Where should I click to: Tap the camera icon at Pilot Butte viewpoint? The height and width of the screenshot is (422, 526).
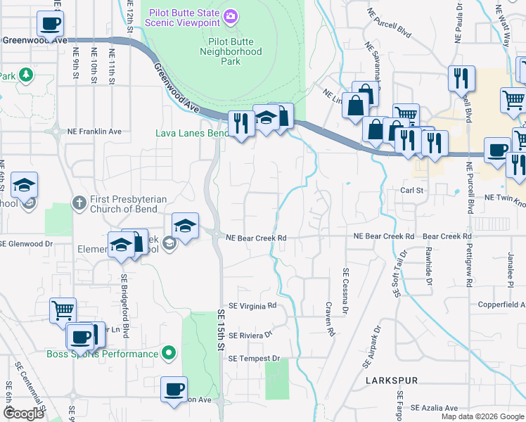[231, 15]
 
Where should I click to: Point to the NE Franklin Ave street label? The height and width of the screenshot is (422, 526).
[95, 132]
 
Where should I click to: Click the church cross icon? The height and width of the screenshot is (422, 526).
[79, 203]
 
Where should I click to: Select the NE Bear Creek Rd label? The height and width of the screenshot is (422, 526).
[256, 238]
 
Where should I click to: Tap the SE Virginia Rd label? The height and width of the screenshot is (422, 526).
[252, 306]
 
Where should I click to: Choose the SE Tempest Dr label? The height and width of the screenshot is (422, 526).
[254, 359]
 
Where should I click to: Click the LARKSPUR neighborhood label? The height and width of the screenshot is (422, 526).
[392, 381]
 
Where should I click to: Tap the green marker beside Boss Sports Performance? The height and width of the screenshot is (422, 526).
[169, 352]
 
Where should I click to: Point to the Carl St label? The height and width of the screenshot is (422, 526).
[412, 191]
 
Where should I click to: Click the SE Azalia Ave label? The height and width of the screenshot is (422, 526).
[435, 408]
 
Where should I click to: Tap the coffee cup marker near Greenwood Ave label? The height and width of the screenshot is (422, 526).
[50, 25]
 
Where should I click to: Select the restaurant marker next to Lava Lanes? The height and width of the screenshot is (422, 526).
[242, 124]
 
